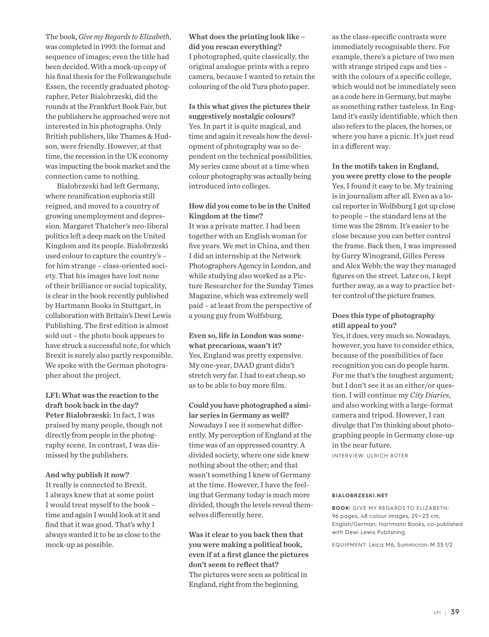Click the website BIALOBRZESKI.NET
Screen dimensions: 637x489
[360, 495]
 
